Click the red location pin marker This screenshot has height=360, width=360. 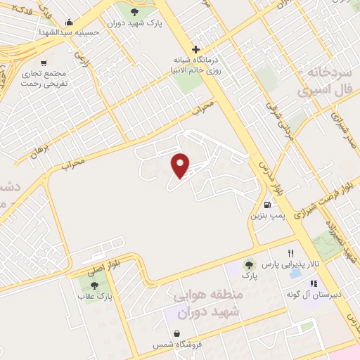pyautogui.click(x=181, y=165)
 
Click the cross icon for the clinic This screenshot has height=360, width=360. pyautogui.click(x=195, y=50)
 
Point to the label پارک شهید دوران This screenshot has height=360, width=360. pyautogui.click(x=135, y=23)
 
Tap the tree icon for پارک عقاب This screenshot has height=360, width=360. pyautogui.click(x=94, y=285)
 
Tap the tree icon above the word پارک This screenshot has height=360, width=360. pyautogui.click(x=248, y=264)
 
